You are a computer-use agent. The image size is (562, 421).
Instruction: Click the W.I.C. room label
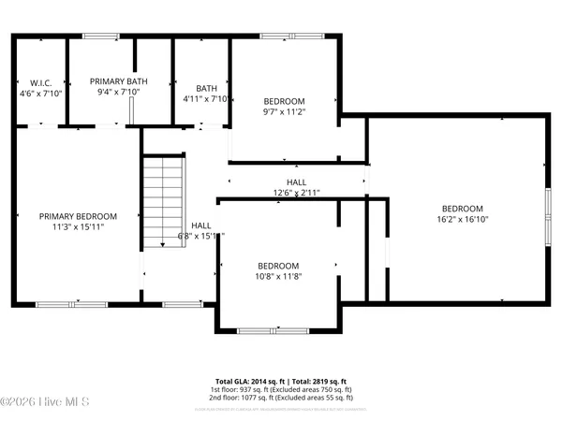(39, 82)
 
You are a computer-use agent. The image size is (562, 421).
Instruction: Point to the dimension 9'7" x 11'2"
(284, 111)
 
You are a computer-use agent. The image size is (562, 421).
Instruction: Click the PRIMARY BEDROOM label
(77, 215)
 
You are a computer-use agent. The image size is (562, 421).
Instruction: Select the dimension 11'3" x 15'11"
(77, 226)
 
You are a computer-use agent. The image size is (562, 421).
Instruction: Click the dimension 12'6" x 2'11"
(296, 194)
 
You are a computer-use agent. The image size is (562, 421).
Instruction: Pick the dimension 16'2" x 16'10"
(462, 219)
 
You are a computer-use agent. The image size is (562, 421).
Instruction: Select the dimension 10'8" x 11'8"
(278, 276)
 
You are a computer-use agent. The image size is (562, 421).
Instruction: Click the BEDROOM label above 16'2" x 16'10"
(462, 208)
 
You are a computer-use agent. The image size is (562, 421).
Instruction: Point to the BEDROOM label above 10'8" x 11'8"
(278, 265)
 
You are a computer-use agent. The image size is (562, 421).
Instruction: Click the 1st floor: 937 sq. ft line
(281, 390)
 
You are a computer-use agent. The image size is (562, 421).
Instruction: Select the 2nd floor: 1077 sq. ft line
(281, 399)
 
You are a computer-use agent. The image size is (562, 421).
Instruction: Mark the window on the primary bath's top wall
(100, 36)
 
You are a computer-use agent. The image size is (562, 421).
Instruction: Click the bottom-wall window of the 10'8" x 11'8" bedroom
(262, 330)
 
